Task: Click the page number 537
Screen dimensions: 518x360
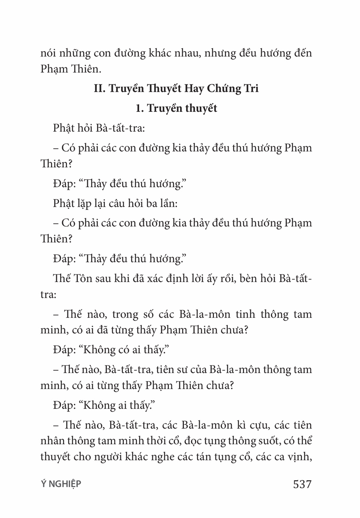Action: pos(302,484)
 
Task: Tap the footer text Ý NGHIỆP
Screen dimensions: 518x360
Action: pos(61,484)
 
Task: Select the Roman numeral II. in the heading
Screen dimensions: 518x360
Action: pos(99,88)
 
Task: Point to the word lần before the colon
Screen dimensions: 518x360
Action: pos(166,203)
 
